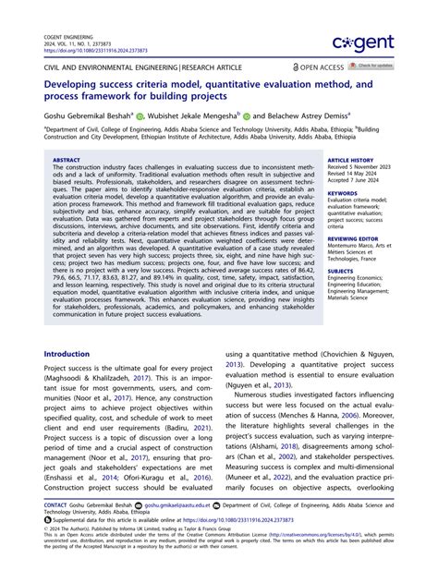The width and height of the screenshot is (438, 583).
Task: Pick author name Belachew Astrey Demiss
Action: [x=302, y=116]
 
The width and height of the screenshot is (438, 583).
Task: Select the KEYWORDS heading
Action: [x=342, y=190]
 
